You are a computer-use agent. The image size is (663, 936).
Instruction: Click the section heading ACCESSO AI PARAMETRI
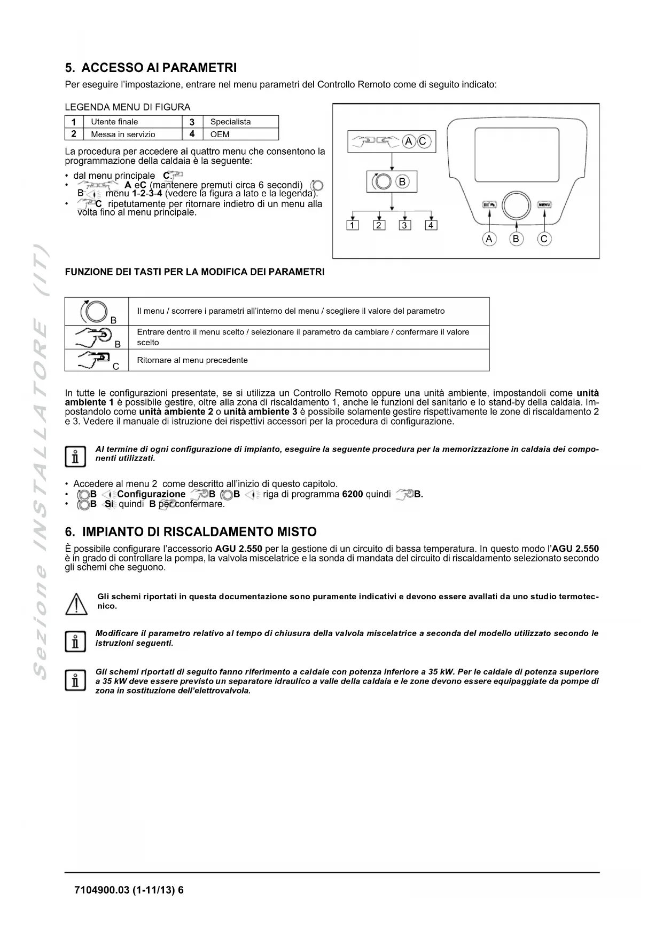click(x=151, y=68)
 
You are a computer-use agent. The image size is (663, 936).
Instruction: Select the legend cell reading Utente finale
click(x=114, y=122)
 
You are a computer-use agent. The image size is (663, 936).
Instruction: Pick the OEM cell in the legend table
click(x=220, y=134)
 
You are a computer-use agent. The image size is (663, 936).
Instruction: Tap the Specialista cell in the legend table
click(x=230, y=122)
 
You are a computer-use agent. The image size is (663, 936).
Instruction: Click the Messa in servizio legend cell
click(x=123, y=134)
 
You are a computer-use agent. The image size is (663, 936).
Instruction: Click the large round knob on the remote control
click(x=516, y=205)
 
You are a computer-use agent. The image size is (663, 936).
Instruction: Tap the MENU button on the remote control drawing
click(x=544, y=204)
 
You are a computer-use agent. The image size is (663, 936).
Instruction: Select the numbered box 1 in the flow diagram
click(x=353, y=225)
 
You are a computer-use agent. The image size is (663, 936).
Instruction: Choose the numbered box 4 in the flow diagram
click(x=431, y=225)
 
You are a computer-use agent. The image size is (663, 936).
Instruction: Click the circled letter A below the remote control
click(x=489, y=239)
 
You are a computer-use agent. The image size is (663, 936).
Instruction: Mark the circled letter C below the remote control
click(x=544, y=239)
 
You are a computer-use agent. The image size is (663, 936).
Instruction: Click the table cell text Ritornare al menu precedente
click(x=192, y=360)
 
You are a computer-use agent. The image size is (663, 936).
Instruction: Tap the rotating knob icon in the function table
click(x=93, y=311)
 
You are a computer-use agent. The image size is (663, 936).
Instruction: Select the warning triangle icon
click(x=76, y=604)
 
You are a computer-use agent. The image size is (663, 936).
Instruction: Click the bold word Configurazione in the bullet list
click(x=151, y=494)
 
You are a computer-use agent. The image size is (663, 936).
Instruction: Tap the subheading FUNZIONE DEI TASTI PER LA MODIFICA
click(x=194, y=272)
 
